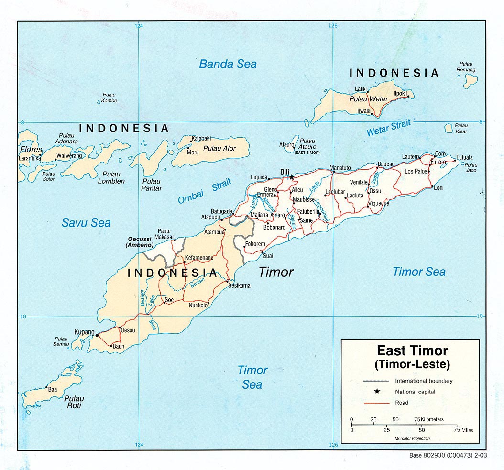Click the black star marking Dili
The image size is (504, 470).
tap(291, 177)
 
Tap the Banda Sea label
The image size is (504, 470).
tap(228, 64)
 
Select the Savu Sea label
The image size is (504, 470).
tap(86, 222)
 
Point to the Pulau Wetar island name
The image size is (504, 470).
tap(369, 99)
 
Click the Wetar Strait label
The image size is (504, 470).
tap(388, 128)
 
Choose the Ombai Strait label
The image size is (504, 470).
tap(204, 191)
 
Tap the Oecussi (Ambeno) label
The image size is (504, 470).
tap(139, 242)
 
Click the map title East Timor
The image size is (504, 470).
tap(412, 351)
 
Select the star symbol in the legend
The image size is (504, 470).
tap(377, 392)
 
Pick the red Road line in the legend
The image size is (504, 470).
tap(377, 403)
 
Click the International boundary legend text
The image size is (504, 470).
tap(423, 381)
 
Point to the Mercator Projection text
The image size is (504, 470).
tap(412, 438)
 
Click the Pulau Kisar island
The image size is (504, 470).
tap(449, 128)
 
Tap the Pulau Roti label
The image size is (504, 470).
tap(74, 402)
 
